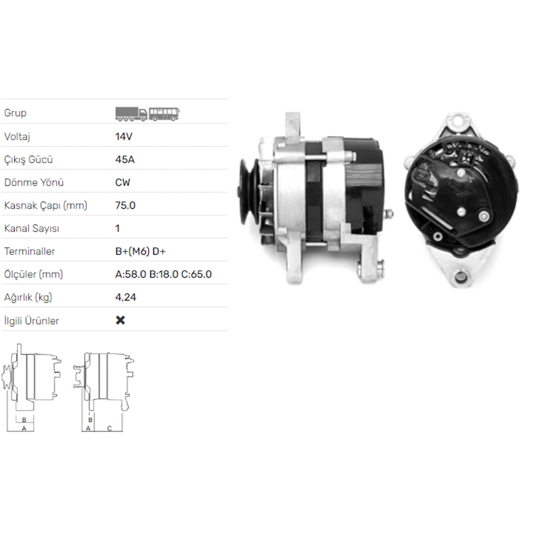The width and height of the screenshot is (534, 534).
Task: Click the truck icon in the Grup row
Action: (131, 114)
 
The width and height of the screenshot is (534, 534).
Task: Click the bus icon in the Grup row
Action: (164, 114)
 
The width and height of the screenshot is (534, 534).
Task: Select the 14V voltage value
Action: (124, 137)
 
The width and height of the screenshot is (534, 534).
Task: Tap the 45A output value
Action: (124, 159)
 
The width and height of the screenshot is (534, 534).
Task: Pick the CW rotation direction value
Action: (123, 183)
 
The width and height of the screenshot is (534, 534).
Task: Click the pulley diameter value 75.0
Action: (125, 206)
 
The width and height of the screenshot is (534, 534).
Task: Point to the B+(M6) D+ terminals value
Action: (140, 252)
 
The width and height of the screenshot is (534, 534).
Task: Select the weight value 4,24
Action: (125, 297)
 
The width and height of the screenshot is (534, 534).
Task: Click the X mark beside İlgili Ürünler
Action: (121, 320)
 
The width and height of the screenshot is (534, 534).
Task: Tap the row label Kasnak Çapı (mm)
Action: (45, 206)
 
